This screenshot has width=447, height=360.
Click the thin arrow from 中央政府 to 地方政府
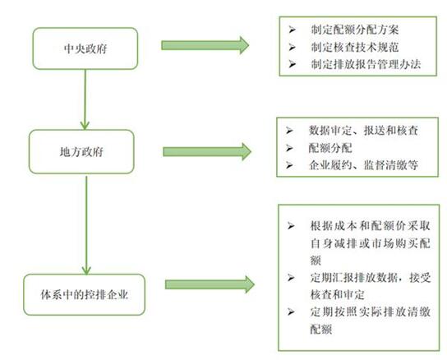[85, 99]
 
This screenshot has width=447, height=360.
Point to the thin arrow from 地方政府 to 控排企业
[86, 225]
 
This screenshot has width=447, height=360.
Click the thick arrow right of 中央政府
[205, 45]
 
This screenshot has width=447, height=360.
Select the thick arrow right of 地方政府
[207, 151]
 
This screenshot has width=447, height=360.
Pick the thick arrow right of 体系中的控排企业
[210, 284]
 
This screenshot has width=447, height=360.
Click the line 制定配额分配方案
[355, 30]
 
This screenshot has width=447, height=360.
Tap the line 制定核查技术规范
[355, 47]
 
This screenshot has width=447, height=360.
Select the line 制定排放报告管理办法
[366, 64]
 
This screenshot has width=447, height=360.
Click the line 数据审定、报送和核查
[363, 131]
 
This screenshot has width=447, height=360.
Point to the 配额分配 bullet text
[330, 148]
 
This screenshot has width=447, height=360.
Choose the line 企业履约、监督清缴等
[363, 165]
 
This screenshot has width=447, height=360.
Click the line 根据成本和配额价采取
[371, 226]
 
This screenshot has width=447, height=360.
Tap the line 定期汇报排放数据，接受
[371, 277]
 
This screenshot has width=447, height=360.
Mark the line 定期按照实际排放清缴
[371, 312]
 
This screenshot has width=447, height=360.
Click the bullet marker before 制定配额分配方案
[292, 30]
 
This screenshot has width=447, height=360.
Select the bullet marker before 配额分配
[289, 148]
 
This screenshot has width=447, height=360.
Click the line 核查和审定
[337, 295]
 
